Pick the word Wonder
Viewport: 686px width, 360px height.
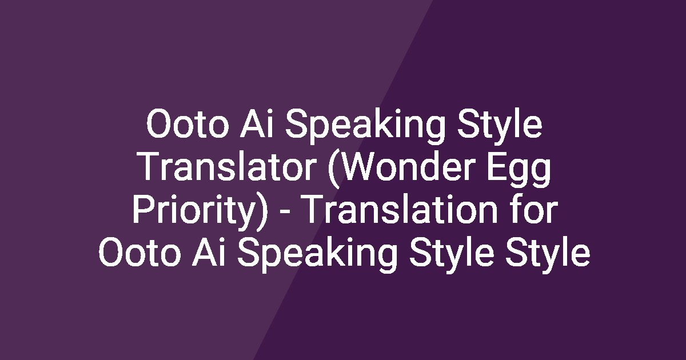[401, 169]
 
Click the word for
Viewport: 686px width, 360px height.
[532, 211]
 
